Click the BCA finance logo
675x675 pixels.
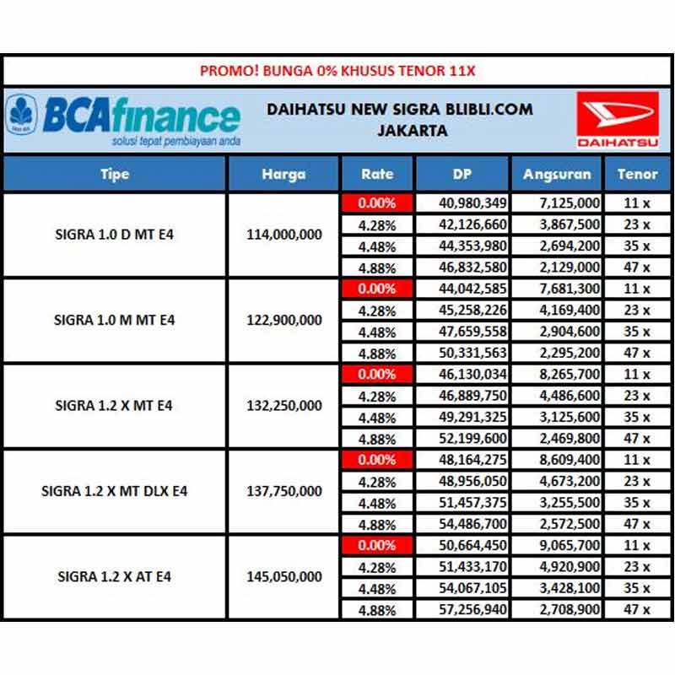coord(122,119)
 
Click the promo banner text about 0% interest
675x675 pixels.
coord(337,71)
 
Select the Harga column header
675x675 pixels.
coord(283,175)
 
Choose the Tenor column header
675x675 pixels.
coord(637,175)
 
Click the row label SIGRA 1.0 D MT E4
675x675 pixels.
coord(114,235)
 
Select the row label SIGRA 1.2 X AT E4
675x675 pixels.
coord(114,577)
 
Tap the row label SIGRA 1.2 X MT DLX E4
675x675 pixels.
coord(114,491)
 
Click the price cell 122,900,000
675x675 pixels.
coord(283,321)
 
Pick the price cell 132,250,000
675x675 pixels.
coord(283,406)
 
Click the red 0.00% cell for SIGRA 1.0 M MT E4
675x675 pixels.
coord(376,289)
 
